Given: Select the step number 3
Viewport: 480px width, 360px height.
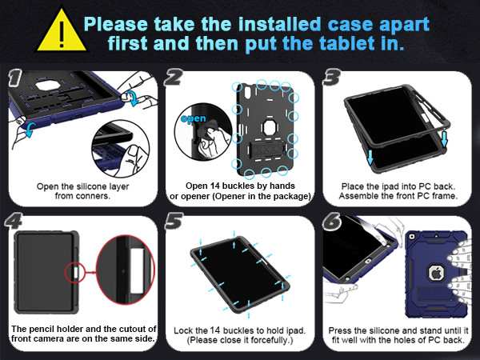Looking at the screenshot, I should click(331, 78).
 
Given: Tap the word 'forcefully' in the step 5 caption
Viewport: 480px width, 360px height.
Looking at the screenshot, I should click(261, 342).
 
